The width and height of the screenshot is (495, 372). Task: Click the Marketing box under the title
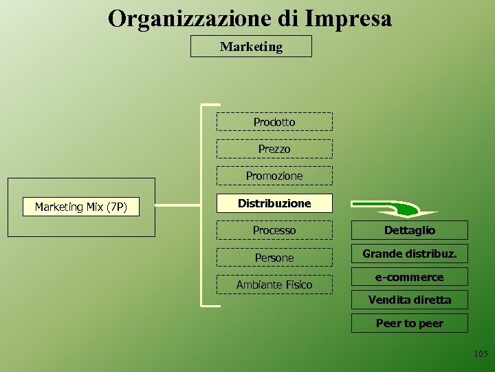(251, 46)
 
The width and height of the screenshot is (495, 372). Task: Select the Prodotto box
(274, 122)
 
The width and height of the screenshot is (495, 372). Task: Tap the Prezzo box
(274, 149)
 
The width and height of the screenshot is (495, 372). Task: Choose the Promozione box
(274, 176)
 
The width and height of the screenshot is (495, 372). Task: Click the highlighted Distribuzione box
(274, 203)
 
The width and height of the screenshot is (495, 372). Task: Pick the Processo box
(274, 230)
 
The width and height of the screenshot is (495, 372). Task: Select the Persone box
(274, 258)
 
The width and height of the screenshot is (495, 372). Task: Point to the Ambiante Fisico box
(274, 285)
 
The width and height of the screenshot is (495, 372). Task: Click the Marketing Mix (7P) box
(81, 207)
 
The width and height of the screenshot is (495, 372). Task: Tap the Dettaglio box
(410, 230)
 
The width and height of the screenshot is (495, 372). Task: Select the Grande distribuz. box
(410, 254)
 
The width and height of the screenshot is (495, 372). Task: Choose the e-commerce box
(410, 277)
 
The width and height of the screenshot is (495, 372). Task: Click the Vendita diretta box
(410, 300)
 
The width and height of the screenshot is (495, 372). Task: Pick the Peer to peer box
(410, 323)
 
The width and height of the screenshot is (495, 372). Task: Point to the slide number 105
(481, 354)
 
